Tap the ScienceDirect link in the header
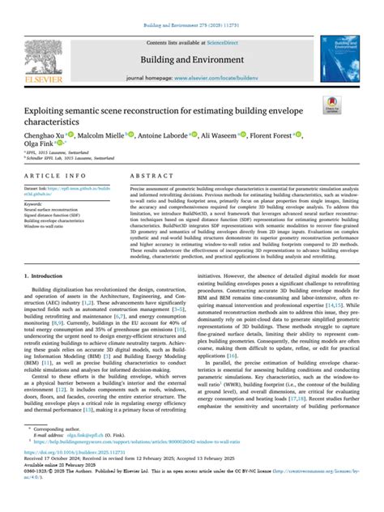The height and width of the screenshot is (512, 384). [229, 41]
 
